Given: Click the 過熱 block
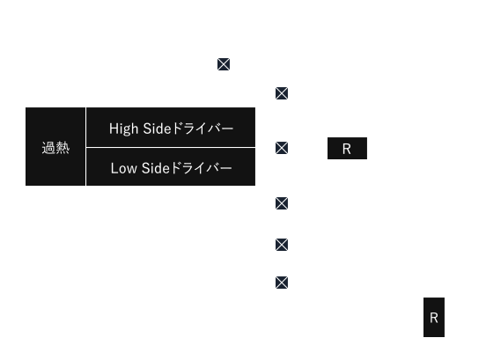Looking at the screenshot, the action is [x=55, y=146].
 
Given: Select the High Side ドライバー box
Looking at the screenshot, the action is [x=171, y=127].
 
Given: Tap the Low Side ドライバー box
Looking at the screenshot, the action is [x=171, y=167].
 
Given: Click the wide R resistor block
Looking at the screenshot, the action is [x=347, y=149].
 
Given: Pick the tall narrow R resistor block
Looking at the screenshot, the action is [x=434, y=317].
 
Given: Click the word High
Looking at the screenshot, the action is [x=123, y=129].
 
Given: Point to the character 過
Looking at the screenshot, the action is [x=48, y=148].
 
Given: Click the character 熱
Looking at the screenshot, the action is [x=63, y=148].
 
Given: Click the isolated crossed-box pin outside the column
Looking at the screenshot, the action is [x=224, y=64].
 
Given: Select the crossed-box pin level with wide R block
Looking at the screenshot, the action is [x=282, y=148].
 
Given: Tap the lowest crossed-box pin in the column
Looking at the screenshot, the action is [x=282, y=283].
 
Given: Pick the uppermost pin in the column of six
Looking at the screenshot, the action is [x=282, y=93].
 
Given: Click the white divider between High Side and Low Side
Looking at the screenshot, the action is [x=171, y=148].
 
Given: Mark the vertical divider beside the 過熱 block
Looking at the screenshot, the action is [x=86, y=146].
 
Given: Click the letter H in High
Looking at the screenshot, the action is [x=113, y=129].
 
